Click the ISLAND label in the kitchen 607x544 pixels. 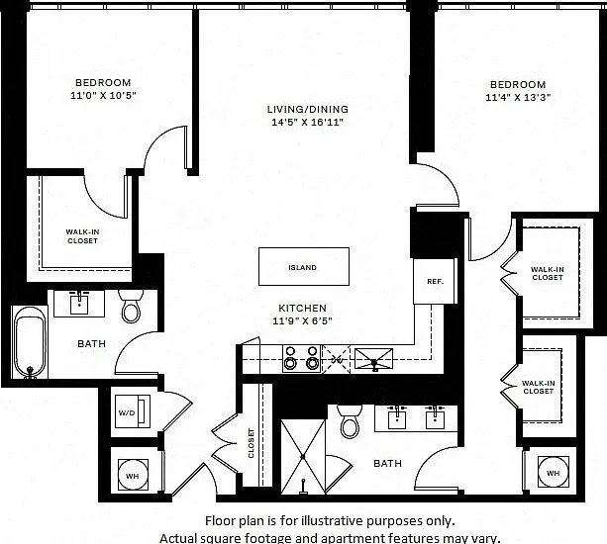tap(302, 268)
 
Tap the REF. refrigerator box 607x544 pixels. tap(435, 281)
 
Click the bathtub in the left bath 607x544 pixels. tap(30, 342)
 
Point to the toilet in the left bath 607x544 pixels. tap(131, 306)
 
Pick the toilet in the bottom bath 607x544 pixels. tap(350, 421)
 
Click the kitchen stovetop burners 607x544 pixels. tap(302, 358)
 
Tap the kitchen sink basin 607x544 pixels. tap(374, 359)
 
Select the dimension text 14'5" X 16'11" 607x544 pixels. tap(307, 123)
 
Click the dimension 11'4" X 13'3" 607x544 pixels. tap(518, 97)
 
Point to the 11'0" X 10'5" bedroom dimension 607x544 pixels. tap(103, 95)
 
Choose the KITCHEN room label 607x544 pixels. tap(302, 309)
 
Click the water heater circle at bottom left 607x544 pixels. tap(133, 475)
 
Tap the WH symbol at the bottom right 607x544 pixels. tap(554, 472)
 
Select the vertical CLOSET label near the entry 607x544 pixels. tap(252, 443)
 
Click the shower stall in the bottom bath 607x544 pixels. tap(303, 457)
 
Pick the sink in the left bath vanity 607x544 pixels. tap(79, 304)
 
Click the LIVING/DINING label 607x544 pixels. tap(308, 110)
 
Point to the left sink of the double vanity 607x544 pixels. tap(397, 418)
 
